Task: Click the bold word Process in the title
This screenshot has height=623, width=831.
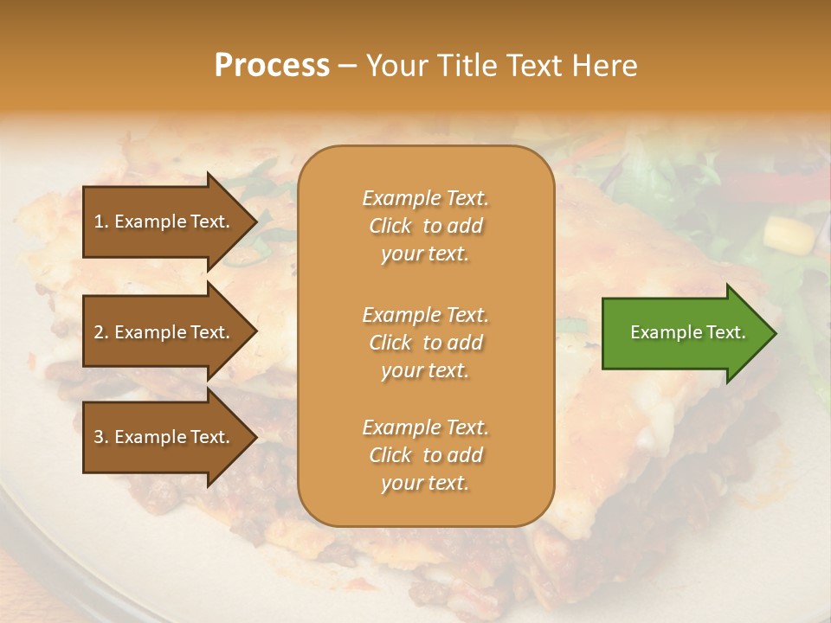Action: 272,66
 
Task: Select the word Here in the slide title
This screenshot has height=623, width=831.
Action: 603,66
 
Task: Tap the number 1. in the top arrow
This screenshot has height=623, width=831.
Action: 101,222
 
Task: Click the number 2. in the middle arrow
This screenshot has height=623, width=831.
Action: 101,332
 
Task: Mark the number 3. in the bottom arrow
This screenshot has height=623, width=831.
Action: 101,437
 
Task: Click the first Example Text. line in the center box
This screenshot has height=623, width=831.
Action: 425,198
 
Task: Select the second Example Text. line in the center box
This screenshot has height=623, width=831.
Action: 425,314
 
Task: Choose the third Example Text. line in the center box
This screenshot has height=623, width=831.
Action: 425,427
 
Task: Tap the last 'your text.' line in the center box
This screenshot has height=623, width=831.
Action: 425,484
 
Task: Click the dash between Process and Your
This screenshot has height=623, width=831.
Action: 348,66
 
